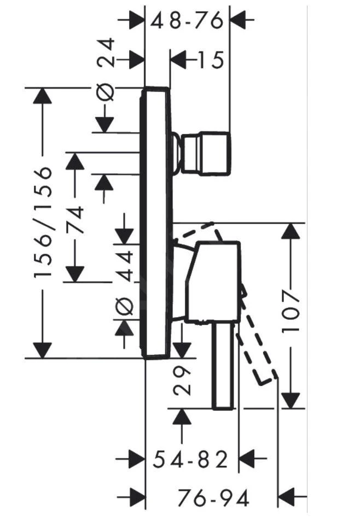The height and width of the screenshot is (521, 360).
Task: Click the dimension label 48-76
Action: coord(187,21)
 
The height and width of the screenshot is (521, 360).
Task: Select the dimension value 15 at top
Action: coord(210,60)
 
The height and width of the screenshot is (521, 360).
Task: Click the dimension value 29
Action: coord(184,380)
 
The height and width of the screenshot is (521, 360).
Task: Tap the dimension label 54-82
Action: coord(189,460)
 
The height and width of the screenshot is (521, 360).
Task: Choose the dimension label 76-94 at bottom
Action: coord(213,498)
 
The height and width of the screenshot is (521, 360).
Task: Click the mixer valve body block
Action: coord(212,282)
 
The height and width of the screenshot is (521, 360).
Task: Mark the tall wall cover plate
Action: coord(156,223)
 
